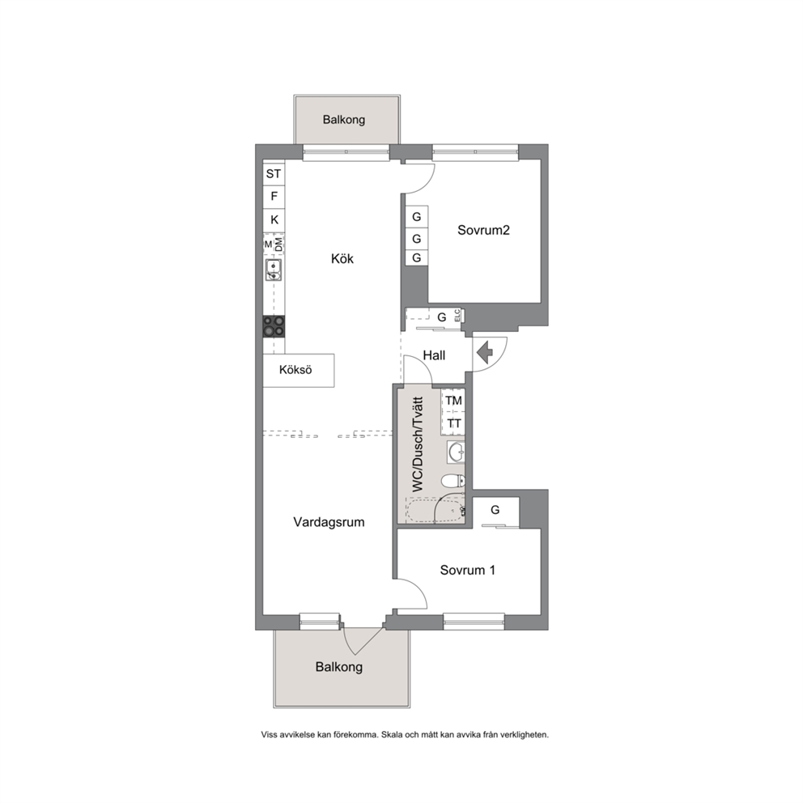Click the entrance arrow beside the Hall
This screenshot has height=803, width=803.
coord(484,354)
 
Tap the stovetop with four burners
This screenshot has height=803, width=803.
coord(274,326)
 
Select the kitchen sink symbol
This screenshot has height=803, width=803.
coord(274,270)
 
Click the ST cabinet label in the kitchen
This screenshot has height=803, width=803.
coord(274,173)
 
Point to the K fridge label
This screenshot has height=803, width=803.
coord(274,219)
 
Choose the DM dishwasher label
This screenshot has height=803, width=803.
coord(279,244)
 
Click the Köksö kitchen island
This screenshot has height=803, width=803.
coord(299,370)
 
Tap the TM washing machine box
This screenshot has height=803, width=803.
coord(453,401)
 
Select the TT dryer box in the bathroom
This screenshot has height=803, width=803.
coord(453,424)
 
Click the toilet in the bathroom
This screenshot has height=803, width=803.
coord(453,481)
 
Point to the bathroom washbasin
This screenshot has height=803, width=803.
coord(455,452)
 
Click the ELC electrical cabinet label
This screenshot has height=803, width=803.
coord(457,316)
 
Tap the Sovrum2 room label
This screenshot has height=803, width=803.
coord(483,230)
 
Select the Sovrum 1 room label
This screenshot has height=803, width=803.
coord(468,570)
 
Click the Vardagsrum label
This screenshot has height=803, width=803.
coord(329,522)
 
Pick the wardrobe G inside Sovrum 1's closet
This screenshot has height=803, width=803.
coord(495,510)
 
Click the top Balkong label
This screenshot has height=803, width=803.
coord(344,120)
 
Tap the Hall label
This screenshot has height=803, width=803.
coord(434,355)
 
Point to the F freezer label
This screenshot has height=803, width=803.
coord(274,196)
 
